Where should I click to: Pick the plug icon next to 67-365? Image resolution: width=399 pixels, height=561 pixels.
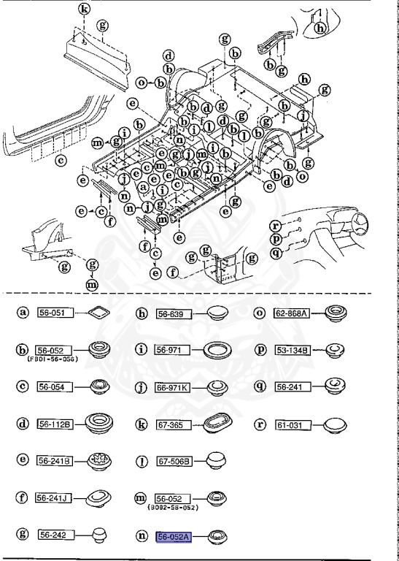(217, 424)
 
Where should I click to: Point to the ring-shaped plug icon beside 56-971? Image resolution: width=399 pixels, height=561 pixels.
(217, 350)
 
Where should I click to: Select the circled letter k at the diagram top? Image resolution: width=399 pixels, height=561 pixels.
(84, 9)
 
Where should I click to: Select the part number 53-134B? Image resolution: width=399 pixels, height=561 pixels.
(292, 350)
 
